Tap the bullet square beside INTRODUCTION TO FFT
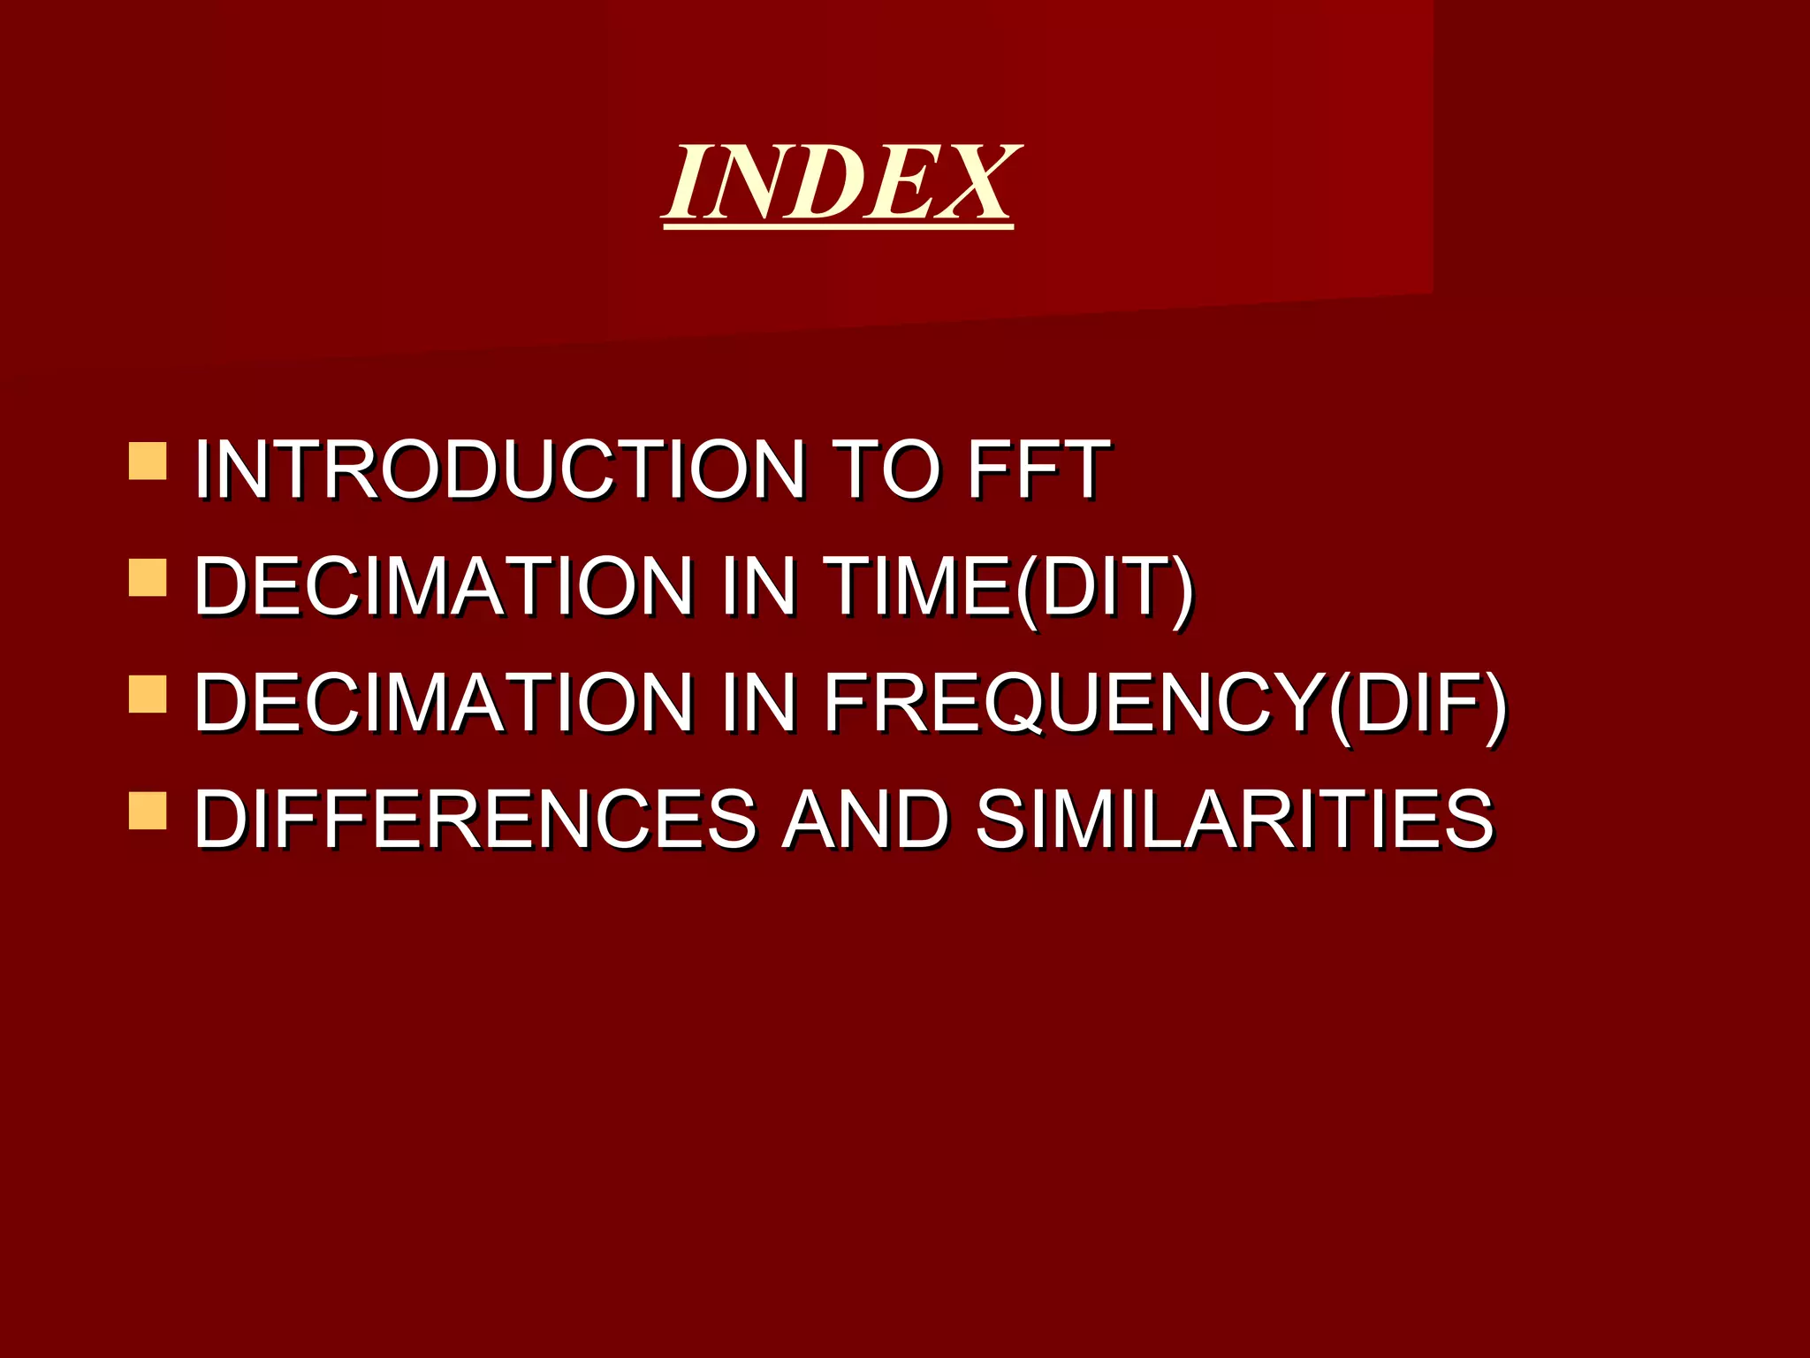(x=148, y=461)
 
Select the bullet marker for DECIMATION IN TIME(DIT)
(x=148, y=577)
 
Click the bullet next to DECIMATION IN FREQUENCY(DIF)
(x=148, y=694)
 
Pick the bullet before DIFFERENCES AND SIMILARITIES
(x=148, y=810)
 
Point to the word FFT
(x=1038, y=469)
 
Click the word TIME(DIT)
(x=1008, y=587)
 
